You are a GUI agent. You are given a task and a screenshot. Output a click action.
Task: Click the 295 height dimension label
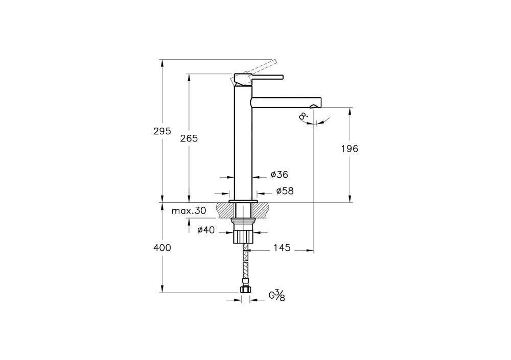click(x=161, y=131)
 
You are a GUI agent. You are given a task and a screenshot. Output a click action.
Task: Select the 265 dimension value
click(x=189, y=138)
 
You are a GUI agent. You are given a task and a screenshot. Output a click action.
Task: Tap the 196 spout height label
click(x=350, y=149)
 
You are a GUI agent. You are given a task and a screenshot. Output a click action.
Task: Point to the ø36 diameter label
click(x=279, y=175)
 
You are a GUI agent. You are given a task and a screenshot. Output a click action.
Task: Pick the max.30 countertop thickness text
click(x=189, y=211)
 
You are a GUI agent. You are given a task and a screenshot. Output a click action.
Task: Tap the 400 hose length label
click(x=161, y=248)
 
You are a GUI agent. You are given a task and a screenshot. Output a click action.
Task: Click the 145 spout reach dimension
click(x=282, y=248)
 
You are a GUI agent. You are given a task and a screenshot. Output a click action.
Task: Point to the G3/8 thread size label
click(x=277, y=296)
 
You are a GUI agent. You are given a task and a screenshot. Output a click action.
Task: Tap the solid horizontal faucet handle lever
click(x=267, y=78)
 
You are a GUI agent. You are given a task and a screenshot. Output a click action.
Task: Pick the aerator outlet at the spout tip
click(x=313, y=106)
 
